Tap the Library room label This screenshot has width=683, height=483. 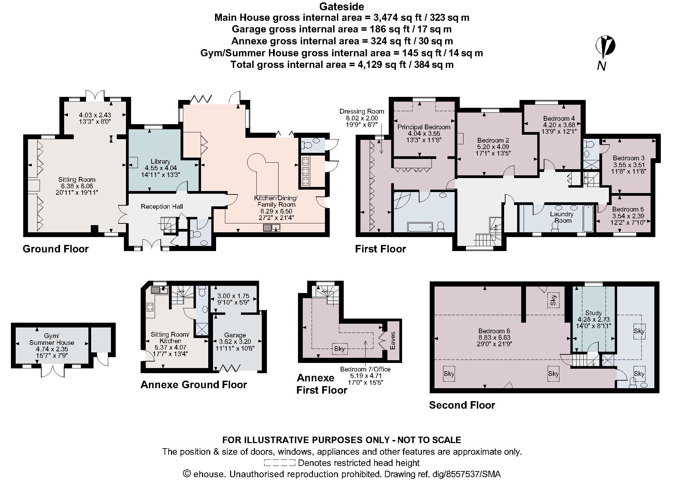coord(160,161)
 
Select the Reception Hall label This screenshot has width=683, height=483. coord(162,206)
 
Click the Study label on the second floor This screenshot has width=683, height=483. coord(593,313)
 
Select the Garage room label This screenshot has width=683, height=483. coord(235,335)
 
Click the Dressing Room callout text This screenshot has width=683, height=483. coord(361,112)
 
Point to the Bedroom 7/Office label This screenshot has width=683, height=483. coord(365,369)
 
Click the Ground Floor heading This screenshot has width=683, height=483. coord(56,249)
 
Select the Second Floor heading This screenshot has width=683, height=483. coord(462,405)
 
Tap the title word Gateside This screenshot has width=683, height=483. coord(341,6)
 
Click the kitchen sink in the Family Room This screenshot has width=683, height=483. coord(272,228)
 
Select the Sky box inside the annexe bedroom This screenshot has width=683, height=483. coord(339,349)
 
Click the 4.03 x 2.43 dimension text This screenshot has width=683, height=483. coord(95,115)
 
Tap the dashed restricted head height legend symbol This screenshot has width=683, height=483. coord(279,463)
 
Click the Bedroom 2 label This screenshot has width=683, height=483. coord(493,140)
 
